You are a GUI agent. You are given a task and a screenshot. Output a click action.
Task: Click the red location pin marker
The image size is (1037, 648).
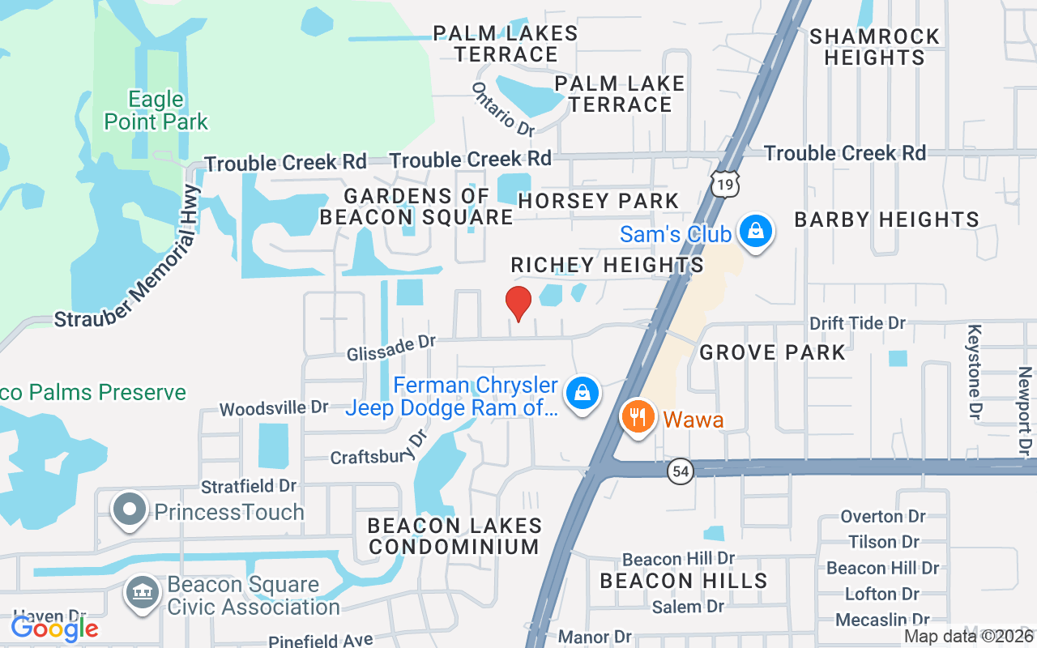518,303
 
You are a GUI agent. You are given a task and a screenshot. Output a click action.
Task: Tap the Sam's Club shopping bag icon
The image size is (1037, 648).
755,232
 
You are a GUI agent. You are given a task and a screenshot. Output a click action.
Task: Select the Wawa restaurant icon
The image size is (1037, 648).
638,417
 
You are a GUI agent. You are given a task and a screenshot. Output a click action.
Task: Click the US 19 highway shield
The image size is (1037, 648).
726,184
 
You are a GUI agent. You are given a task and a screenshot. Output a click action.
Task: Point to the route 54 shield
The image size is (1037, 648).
681,471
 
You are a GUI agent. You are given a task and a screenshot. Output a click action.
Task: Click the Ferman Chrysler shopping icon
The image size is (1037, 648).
582,393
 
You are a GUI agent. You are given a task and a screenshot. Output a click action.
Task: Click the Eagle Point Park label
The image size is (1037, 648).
156,111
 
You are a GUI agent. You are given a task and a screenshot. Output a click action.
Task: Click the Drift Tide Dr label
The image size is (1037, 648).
857,323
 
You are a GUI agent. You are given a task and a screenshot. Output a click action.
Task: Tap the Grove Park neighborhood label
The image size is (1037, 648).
772,352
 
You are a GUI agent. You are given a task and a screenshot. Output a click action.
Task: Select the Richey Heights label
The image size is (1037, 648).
607,265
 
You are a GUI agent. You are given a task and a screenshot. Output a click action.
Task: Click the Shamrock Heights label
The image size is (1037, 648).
874,47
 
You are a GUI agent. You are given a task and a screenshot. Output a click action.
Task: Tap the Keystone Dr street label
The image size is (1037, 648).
975,372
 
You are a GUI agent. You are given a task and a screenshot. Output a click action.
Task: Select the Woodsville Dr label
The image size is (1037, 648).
274,407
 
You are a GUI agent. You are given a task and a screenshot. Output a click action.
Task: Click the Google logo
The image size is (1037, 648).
54,628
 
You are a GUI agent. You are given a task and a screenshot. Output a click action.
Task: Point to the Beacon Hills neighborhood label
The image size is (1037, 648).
683,581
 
